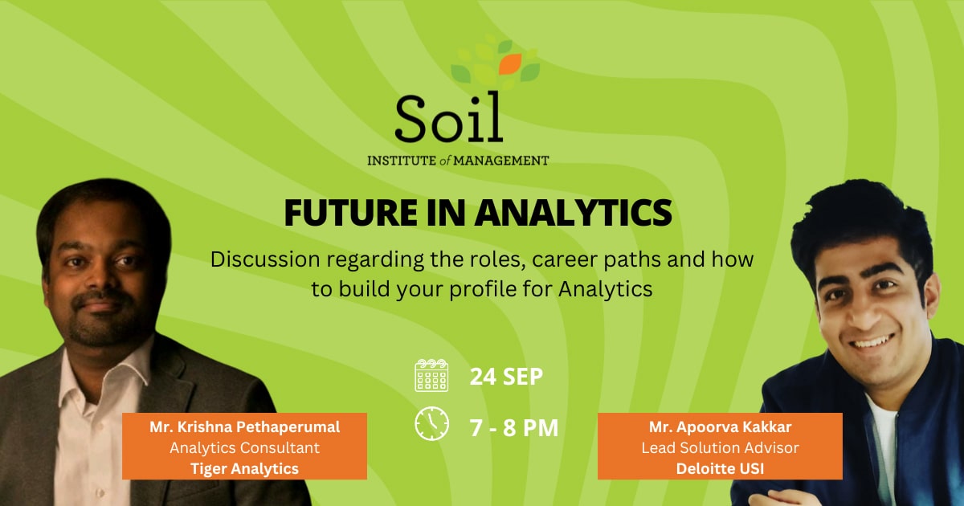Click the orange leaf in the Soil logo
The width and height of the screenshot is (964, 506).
tap(510, 63)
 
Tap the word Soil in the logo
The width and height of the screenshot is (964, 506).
tap(449, 116)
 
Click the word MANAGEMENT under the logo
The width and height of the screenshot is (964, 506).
tap(501, 161)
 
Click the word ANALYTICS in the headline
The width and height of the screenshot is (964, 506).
tap(573, 213)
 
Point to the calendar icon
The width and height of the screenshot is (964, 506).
tap(431, 375)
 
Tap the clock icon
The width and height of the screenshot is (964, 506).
tap(431, 423)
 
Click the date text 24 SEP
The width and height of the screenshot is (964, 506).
tap(506, 377)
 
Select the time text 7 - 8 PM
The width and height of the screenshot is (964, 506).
tap(514, 427)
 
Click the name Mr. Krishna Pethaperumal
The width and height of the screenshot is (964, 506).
tap(244, 426)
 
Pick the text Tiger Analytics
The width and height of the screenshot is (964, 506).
tap(244, 468)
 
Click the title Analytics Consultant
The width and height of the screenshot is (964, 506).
tap(244, 448)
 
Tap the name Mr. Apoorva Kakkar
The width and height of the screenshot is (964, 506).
tap(720, 426)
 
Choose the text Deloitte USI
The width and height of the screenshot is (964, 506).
tap(720, 468)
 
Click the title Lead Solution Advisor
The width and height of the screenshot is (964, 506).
tap(720, 448)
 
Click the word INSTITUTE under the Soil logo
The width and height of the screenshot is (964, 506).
tap(402, 161)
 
